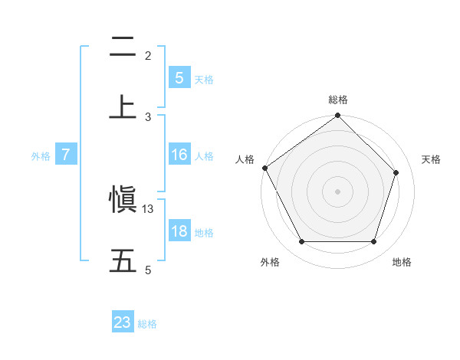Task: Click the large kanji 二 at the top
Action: coord(123,48)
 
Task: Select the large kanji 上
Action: coord(123,107)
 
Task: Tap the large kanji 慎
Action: coord(123,201)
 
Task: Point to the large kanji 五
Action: coord(123,260)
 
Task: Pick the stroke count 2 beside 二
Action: coord(148,56)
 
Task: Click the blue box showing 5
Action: coord(179,77)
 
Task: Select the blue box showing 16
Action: coord(179,155)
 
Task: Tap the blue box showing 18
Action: coord(179,231)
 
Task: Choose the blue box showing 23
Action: coord(123,322)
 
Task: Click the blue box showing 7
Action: coord(66,155)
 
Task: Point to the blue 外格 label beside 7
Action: coord(41,155)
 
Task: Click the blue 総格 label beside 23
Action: coord(148,324)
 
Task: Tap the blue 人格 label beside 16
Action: coord(204,155)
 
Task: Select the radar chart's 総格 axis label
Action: coord(338,100)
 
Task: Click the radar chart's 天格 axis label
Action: coord(432,159)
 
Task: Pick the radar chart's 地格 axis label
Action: coord(402,263)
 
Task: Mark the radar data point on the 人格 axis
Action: coord(265,168)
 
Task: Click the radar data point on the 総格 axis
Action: coord(338,116)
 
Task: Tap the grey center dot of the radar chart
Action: coord(338,191)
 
